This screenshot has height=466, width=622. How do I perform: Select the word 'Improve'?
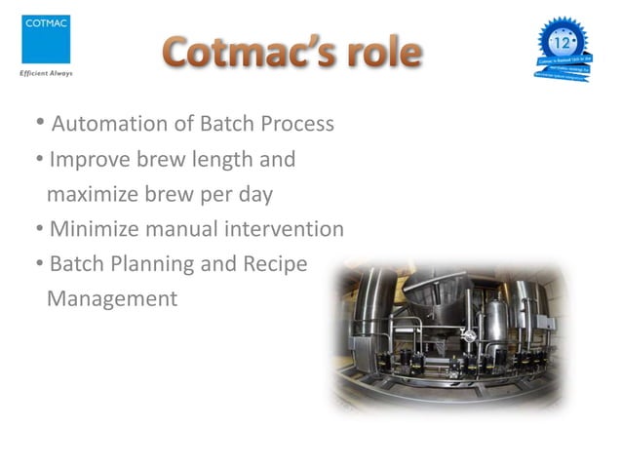pos(91,160)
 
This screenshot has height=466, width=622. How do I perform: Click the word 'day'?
pos(253,194)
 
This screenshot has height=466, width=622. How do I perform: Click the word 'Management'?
pos(112,298)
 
